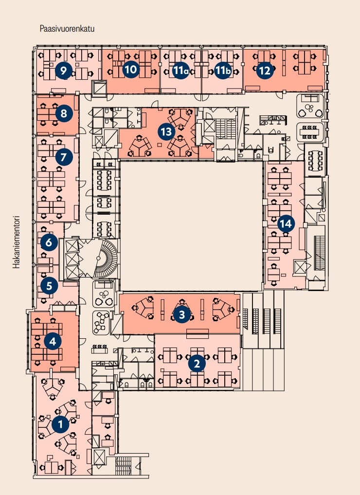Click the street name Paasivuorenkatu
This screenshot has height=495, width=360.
[x=67, y=29]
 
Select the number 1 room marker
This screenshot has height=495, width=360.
[x=60, y=425]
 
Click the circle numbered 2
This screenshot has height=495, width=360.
[x=197, y=363]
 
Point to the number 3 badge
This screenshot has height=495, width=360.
[x=181, y=314]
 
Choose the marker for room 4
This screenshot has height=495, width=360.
[x=53, y=341]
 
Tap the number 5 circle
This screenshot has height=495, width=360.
[x=49, y=286]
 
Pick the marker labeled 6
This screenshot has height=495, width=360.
[x=49, y=241]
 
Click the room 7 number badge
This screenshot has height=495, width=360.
[x=63, y=157]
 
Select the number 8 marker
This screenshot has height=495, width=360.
[x=64, y=114]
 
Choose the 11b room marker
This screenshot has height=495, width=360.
[x=222, y=71]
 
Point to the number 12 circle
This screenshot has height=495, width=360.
[x=265, y=71]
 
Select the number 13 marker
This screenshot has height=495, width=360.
[x=166, y=131]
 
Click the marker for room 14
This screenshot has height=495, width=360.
[x=286, y=224]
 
